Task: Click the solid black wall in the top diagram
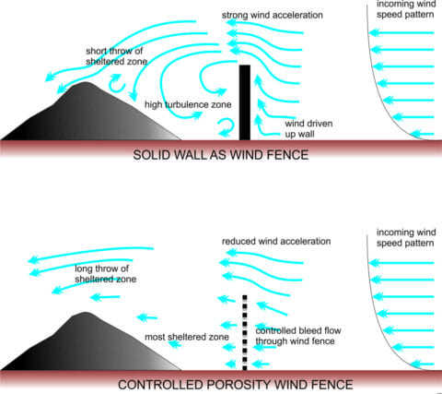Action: [244, 101]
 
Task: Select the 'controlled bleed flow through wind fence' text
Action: [300, 336]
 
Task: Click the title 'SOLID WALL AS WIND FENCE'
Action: [220, 154]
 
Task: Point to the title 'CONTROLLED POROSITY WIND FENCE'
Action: [220, 382]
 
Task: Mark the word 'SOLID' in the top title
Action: [152, 154]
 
